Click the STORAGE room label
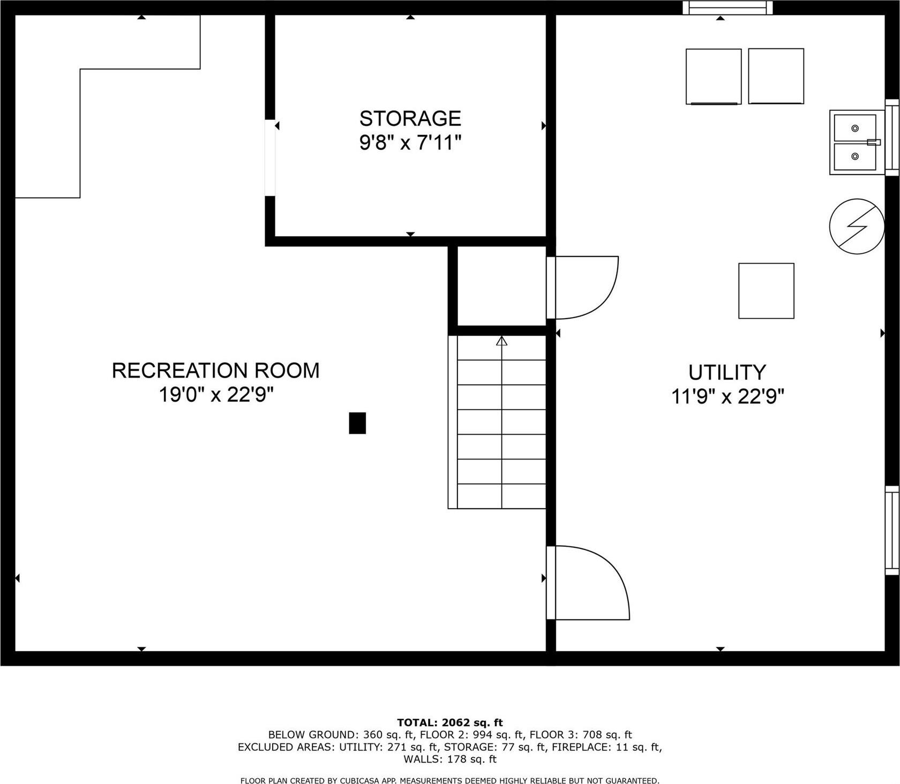(x=410, y=118)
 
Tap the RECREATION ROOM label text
(x=215, y=371)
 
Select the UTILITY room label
(x=727, y=372)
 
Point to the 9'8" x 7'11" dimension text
(x=410, y=143)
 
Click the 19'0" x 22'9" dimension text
(x=216, y=395)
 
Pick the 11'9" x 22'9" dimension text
(x=727, y=397)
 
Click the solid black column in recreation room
(x=357, y=423)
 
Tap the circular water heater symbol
(x=856, y=226)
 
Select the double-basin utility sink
(x=856, y=142)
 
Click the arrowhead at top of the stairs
(x=501, y=341)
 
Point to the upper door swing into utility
(x=587, y=287)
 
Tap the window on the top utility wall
(x=727, y=7)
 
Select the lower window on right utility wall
(x=891, y=530)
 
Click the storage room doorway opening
(x=270, y=157)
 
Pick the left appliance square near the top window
(x=714, y=76)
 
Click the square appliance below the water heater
(x=766, y=291)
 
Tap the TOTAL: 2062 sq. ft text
(x=450, y=723)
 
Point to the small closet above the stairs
(x=501, y=285)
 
